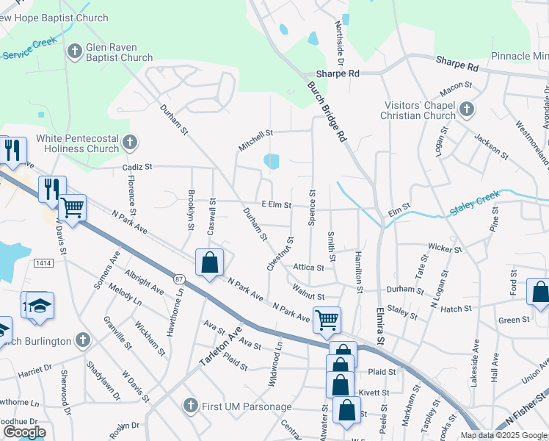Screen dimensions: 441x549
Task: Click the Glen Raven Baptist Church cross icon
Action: (x=74, y=51)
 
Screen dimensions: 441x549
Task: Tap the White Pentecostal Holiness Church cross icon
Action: (x=130, y=142)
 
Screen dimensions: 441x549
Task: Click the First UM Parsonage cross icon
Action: (x=190, y=405)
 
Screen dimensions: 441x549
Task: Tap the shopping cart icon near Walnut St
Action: (x=327, y=320)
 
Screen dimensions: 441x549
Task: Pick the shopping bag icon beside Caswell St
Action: (x=210, y=263)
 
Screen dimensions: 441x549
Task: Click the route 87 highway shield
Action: (x=180, y=279)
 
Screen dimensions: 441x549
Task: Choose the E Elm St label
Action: (x=277, y=205)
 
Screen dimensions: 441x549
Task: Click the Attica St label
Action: (x=308, y=268)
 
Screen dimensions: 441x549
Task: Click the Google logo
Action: (x=24, y=432)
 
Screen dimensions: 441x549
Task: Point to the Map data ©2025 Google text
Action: (x=503, y=435)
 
